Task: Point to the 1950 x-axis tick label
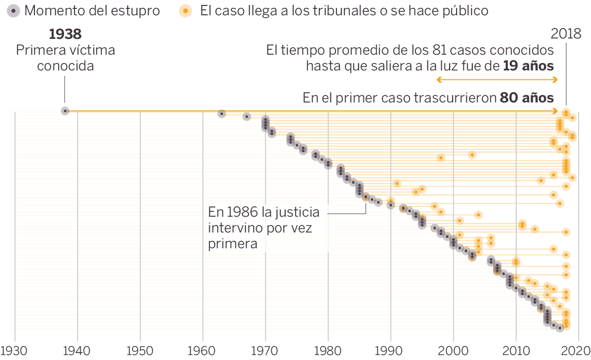[x=140, y=351]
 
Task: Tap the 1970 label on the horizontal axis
[x=265, y=351]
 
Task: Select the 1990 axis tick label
[x=391, y=351]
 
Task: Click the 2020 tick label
[x=577, y=351]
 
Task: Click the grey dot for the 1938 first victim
[x=65, y=111]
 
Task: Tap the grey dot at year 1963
[x=222, y=114]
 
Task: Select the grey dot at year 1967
[x=247, y=117]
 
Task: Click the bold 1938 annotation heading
[x=65, y=34]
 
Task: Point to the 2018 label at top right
[x=566, y=34]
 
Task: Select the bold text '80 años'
[x=527, y=98]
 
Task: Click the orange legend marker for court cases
[x=185, y=11]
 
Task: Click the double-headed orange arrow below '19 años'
[x=497, y=80]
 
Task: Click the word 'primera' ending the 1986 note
[x=233, y=244]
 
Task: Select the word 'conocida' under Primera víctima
[x=66, y=66]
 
